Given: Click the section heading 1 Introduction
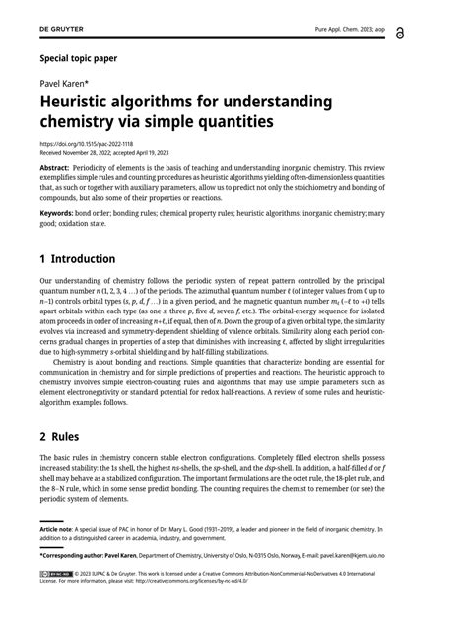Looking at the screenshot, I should (x=77, y=259).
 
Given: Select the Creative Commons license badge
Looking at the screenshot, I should (x=54, y=573).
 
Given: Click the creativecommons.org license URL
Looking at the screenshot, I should (x=192, y=581).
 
